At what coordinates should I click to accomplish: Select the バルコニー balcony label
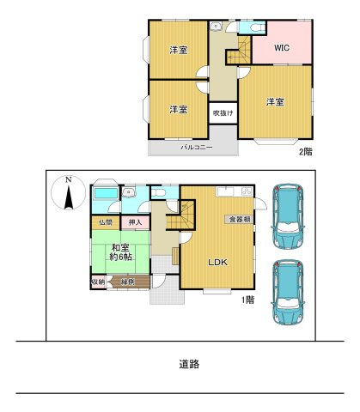[192, 148]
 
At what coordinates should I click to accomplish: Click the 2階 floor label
[305, 153]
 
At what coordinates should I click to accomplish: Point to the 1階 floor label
[248, 300]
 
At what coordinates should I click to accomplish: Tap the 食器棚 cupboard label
[240, 220]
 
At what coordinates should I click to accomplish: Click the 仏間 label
[104, 223]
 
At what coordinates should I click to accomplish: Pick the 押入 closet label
[135, 223]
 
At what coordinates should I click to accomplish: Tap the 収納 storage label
[97, 282]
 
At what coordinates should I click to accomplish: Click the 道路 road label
[189, 364]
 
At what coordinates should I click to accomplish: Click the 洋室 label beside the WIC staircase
[178, 49]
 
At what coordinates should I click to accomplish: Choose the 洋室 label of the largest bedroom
[275, 102]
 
